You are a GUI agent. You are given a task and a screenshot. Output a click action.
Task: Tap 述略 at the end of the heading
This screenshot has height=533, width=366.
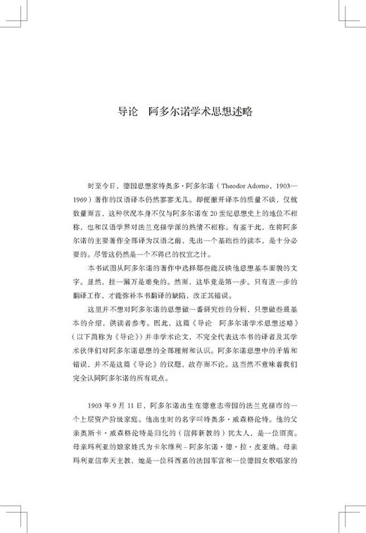click(239, 111)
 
